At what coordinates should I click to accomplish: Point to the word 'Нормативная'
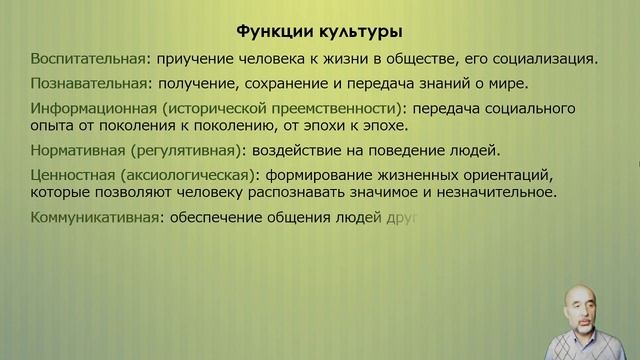pos(75,150)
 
